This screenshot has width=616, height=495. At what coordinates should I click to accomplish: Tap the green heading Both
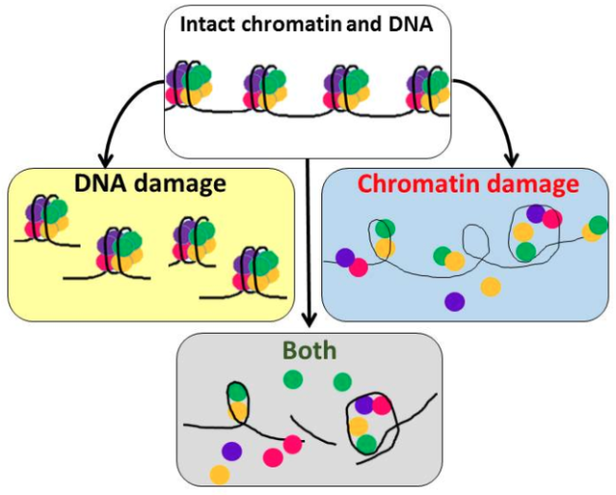[310, 351]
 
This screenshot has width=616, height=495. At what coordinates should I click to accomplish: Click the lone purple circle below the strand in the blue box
[455, 301]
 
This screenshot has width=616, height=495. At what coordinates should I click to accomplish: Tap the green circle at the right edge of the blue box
[597, 225]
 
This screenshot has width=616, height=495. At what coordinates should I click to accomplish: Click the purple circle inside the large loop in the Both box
[364, 405]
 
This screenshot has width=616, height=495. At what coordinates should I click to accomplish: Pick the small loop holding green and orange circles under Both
[237, 400]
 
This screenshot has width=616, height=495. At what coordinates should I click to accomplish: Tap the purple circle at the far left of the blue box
[344, 257]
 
